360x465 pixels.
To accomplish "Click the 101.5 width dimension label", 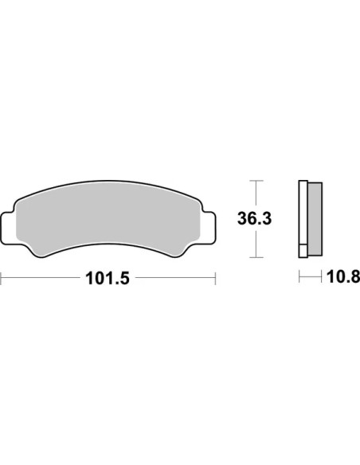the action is click(108, 279).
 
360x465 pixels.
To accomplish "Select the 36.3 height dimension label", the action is click(254, 219).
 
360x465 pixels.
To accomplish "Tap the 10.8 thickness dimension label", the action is click(343, 277).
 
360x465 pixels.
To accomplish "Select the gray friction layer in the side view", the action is click(315, 219).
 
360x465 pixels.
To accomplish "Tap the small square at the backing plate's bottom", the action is click(303, 251).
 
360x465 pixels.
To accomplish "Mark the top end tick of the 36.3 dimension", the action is click(256, 181).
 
